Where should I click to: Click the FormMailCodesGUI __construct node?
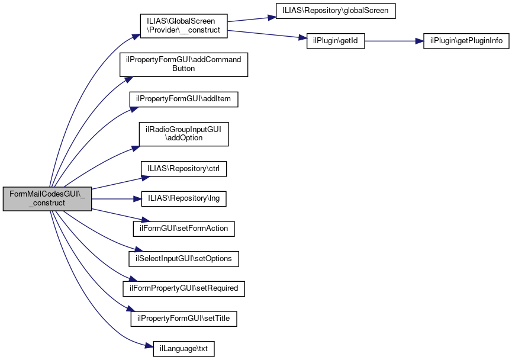(47, 198)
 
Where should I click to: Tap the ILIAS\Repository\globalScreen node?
(334, 11)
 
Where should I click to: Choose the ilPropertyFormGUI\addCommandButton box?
(183, 64)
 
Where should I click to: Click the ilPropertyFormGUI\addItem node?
(183, 99)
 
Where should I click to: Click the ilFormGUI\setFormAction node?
(183, 228)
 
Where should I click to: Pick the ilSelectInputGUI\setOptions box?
(183, 259)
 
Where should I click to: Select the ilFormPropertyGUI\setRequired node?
(183, 288)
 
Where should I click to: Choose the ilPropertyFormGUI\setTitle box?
(183, 319)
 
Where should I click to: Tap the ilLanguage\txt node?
(183, 349)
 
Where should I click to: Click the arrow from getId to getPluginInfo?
(394, 41)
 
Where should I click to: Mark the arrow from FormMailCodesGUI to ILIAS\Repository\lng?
(115, 198)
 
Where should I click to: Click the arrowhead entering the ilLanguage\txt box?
(149, 348)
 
